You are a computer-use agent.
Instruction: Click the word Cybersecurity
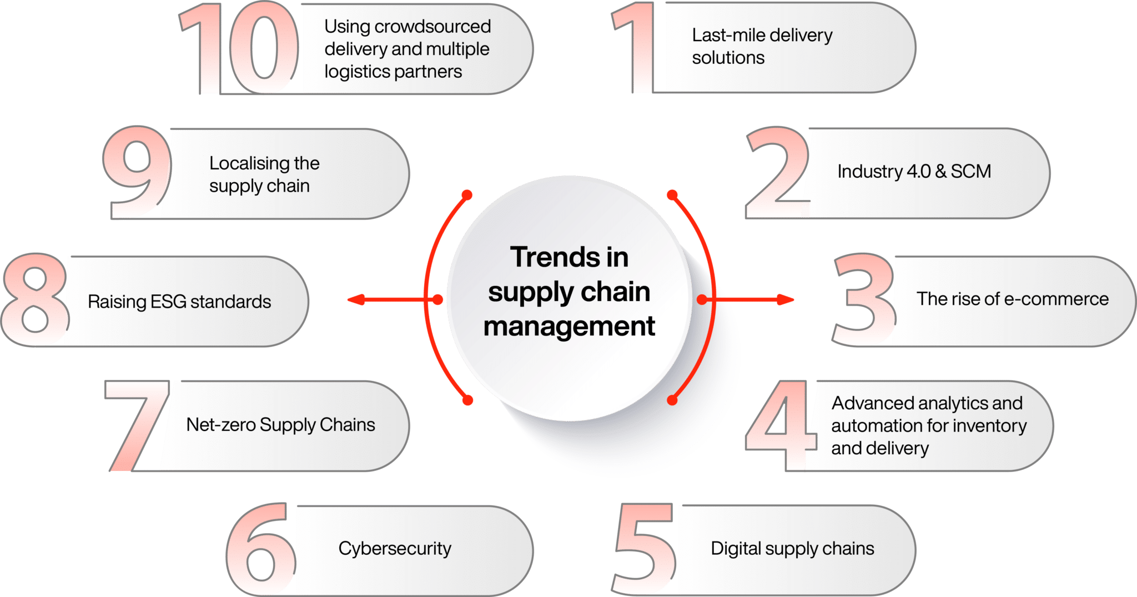point(395,549)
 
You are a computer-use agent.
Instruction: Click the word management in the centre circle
point(569,327)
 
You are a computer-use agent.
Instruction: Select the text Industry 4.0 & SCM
point(914,172)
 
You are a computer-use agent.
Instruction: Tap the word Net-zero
point(220,425)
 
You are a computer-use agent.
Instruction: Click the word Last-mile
point(728,36)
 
